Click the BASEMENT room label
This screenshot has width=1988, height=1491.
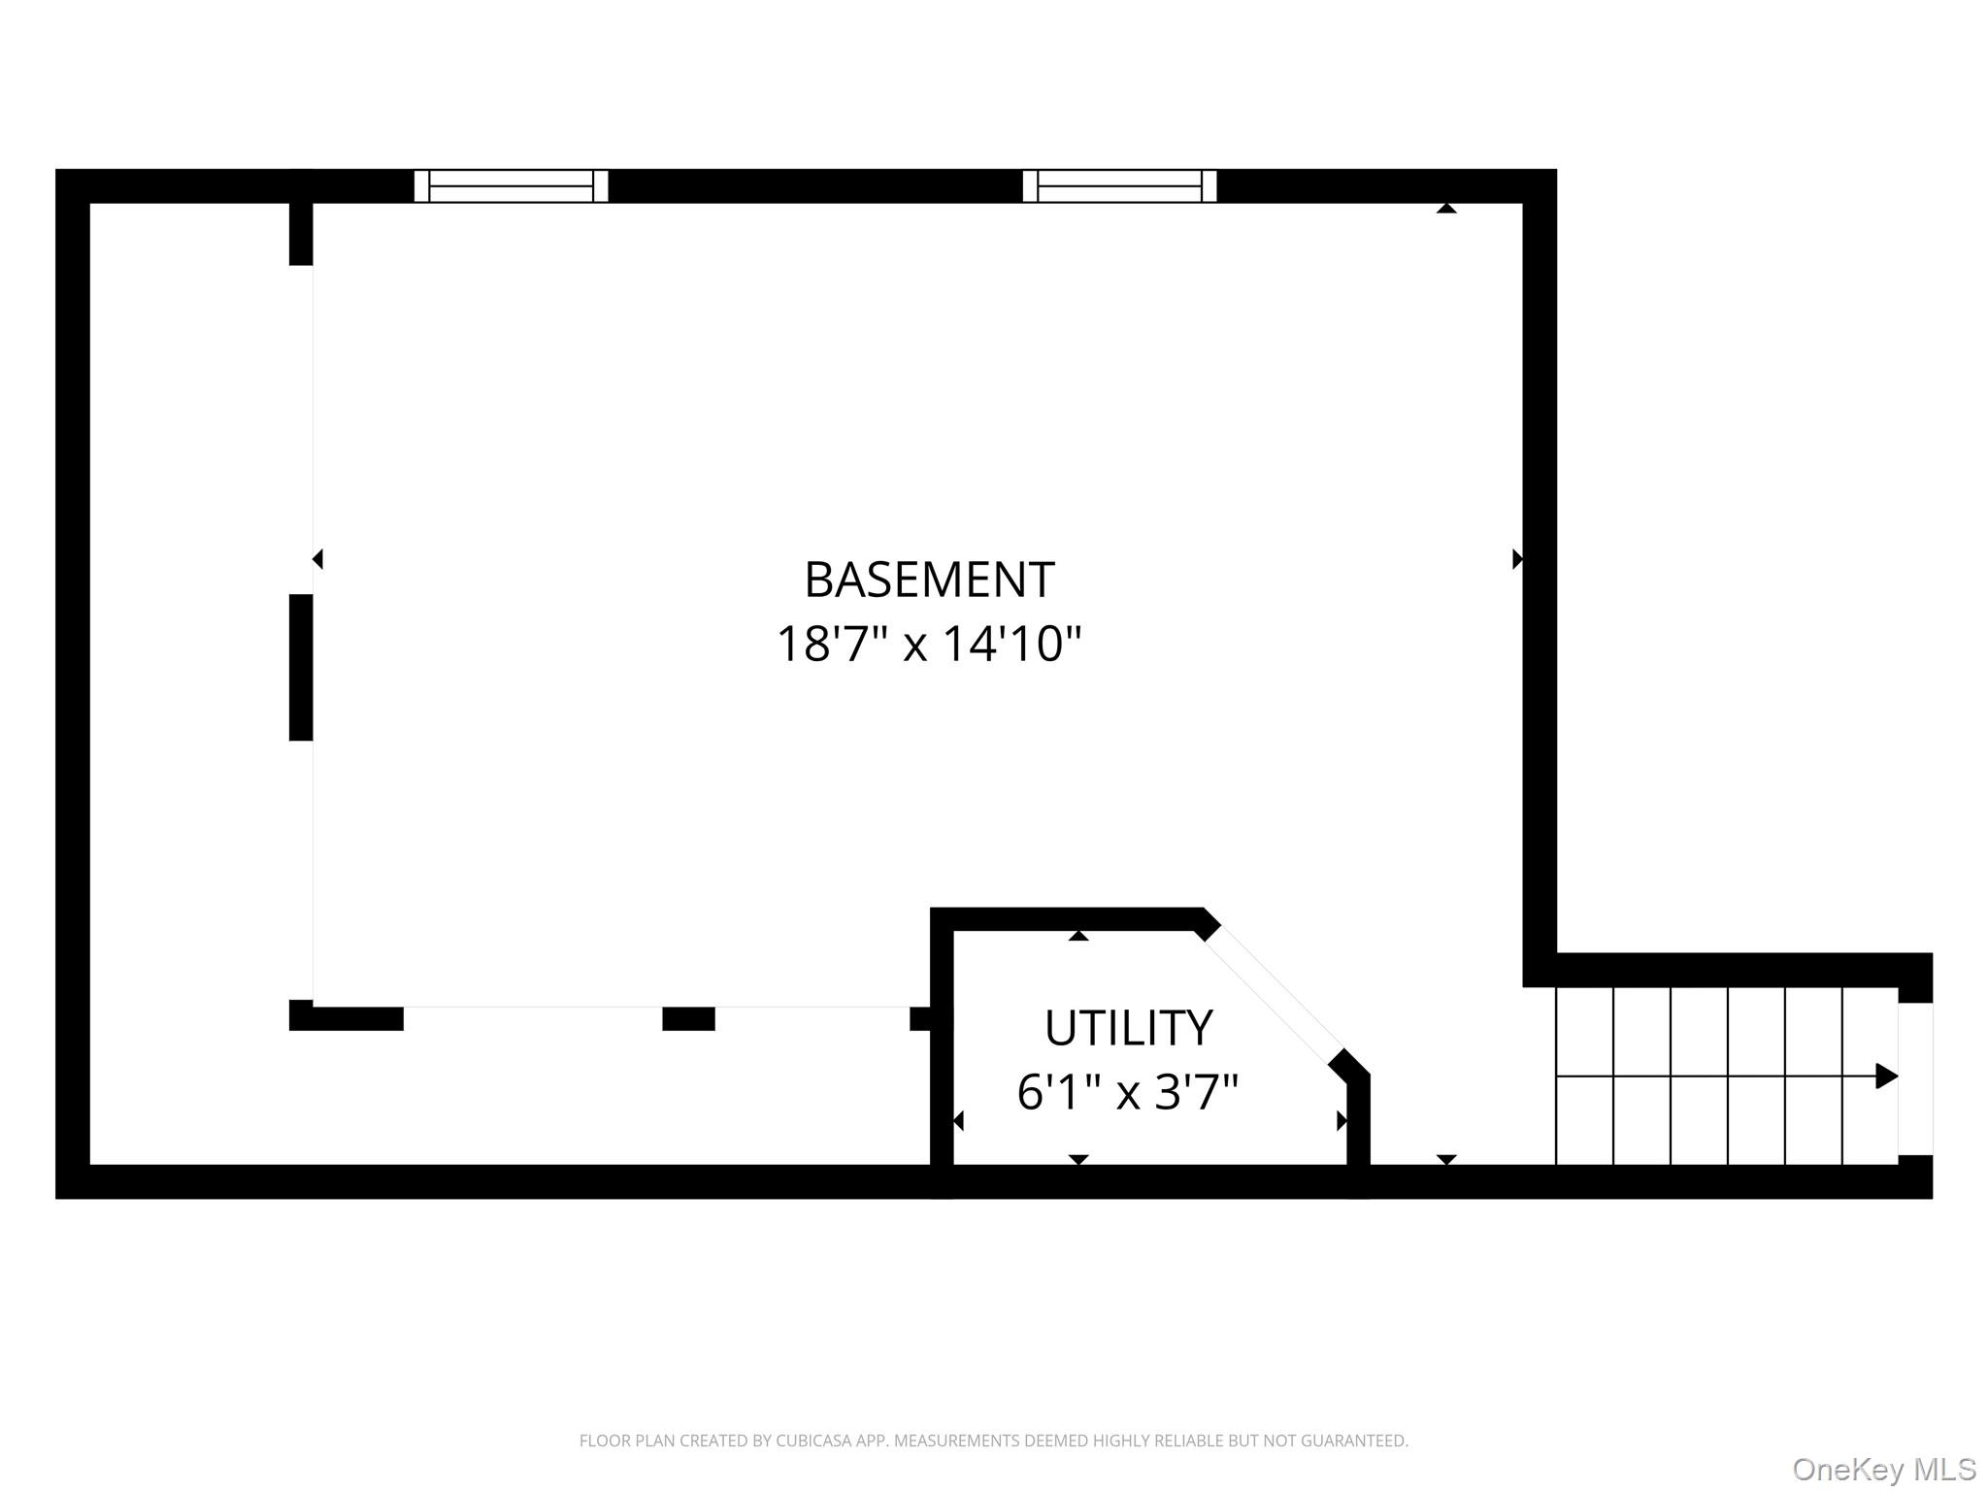pyautogui.click(x=929, y=580)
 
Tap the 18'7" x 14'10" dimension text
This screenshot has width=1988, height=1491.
pyautogui.click(x=929, y=643)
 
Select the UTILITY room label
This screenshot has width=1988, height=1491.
pyautogui.click(x=1128, y=1028)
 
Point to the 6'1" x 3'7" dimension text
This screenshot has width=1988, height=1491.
pyautogui.click(x=1128, y=1092)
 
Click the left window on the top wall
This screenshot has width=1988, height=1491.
pyautogui.click(x=511, y=185)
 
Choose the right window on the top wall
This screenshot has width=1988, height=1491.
pyautogui.click(x=1119, y=185)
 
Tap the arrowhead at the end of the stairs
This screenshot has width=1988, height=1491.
pyautogui.click(x=1886, y=1076)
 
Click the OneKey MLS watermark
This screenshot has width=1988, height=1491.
pyautogui.click(x=1884, y=1469)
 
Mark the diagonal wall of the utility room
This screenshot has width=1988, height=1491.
pyautogui.click(x=1273, y=990)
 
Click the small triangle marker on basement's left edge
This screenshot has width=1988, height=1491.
pyautogui.click(x=317, y=559)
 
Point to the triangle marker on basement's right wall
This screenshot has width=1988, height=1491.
pyautogui.click(x=1517, y=559)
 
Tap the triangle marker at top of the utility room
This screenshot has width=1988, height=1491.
pyautogui.click(x=1078, y=936)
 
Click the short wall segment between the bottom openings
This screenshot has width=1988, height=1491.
pyautogui.click(x=688, y=1018)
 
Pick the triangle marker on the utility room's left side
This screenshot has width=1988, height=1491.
pyautogui.click(x=958, y=1121)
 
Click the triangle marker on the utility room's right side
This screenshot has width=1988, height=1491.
pyautogui.click(x=1342, y=1121)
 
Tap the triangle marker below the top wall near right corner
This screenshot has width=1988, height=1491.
pyautogui.click(x=1446, y=208)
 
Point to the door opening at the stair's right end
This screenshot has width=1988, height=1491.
pyautogui.click(x=1915, y=1078)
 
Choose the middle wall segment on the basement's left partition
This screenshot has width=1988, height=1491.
pyautogui.click(x=301, y=668)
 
